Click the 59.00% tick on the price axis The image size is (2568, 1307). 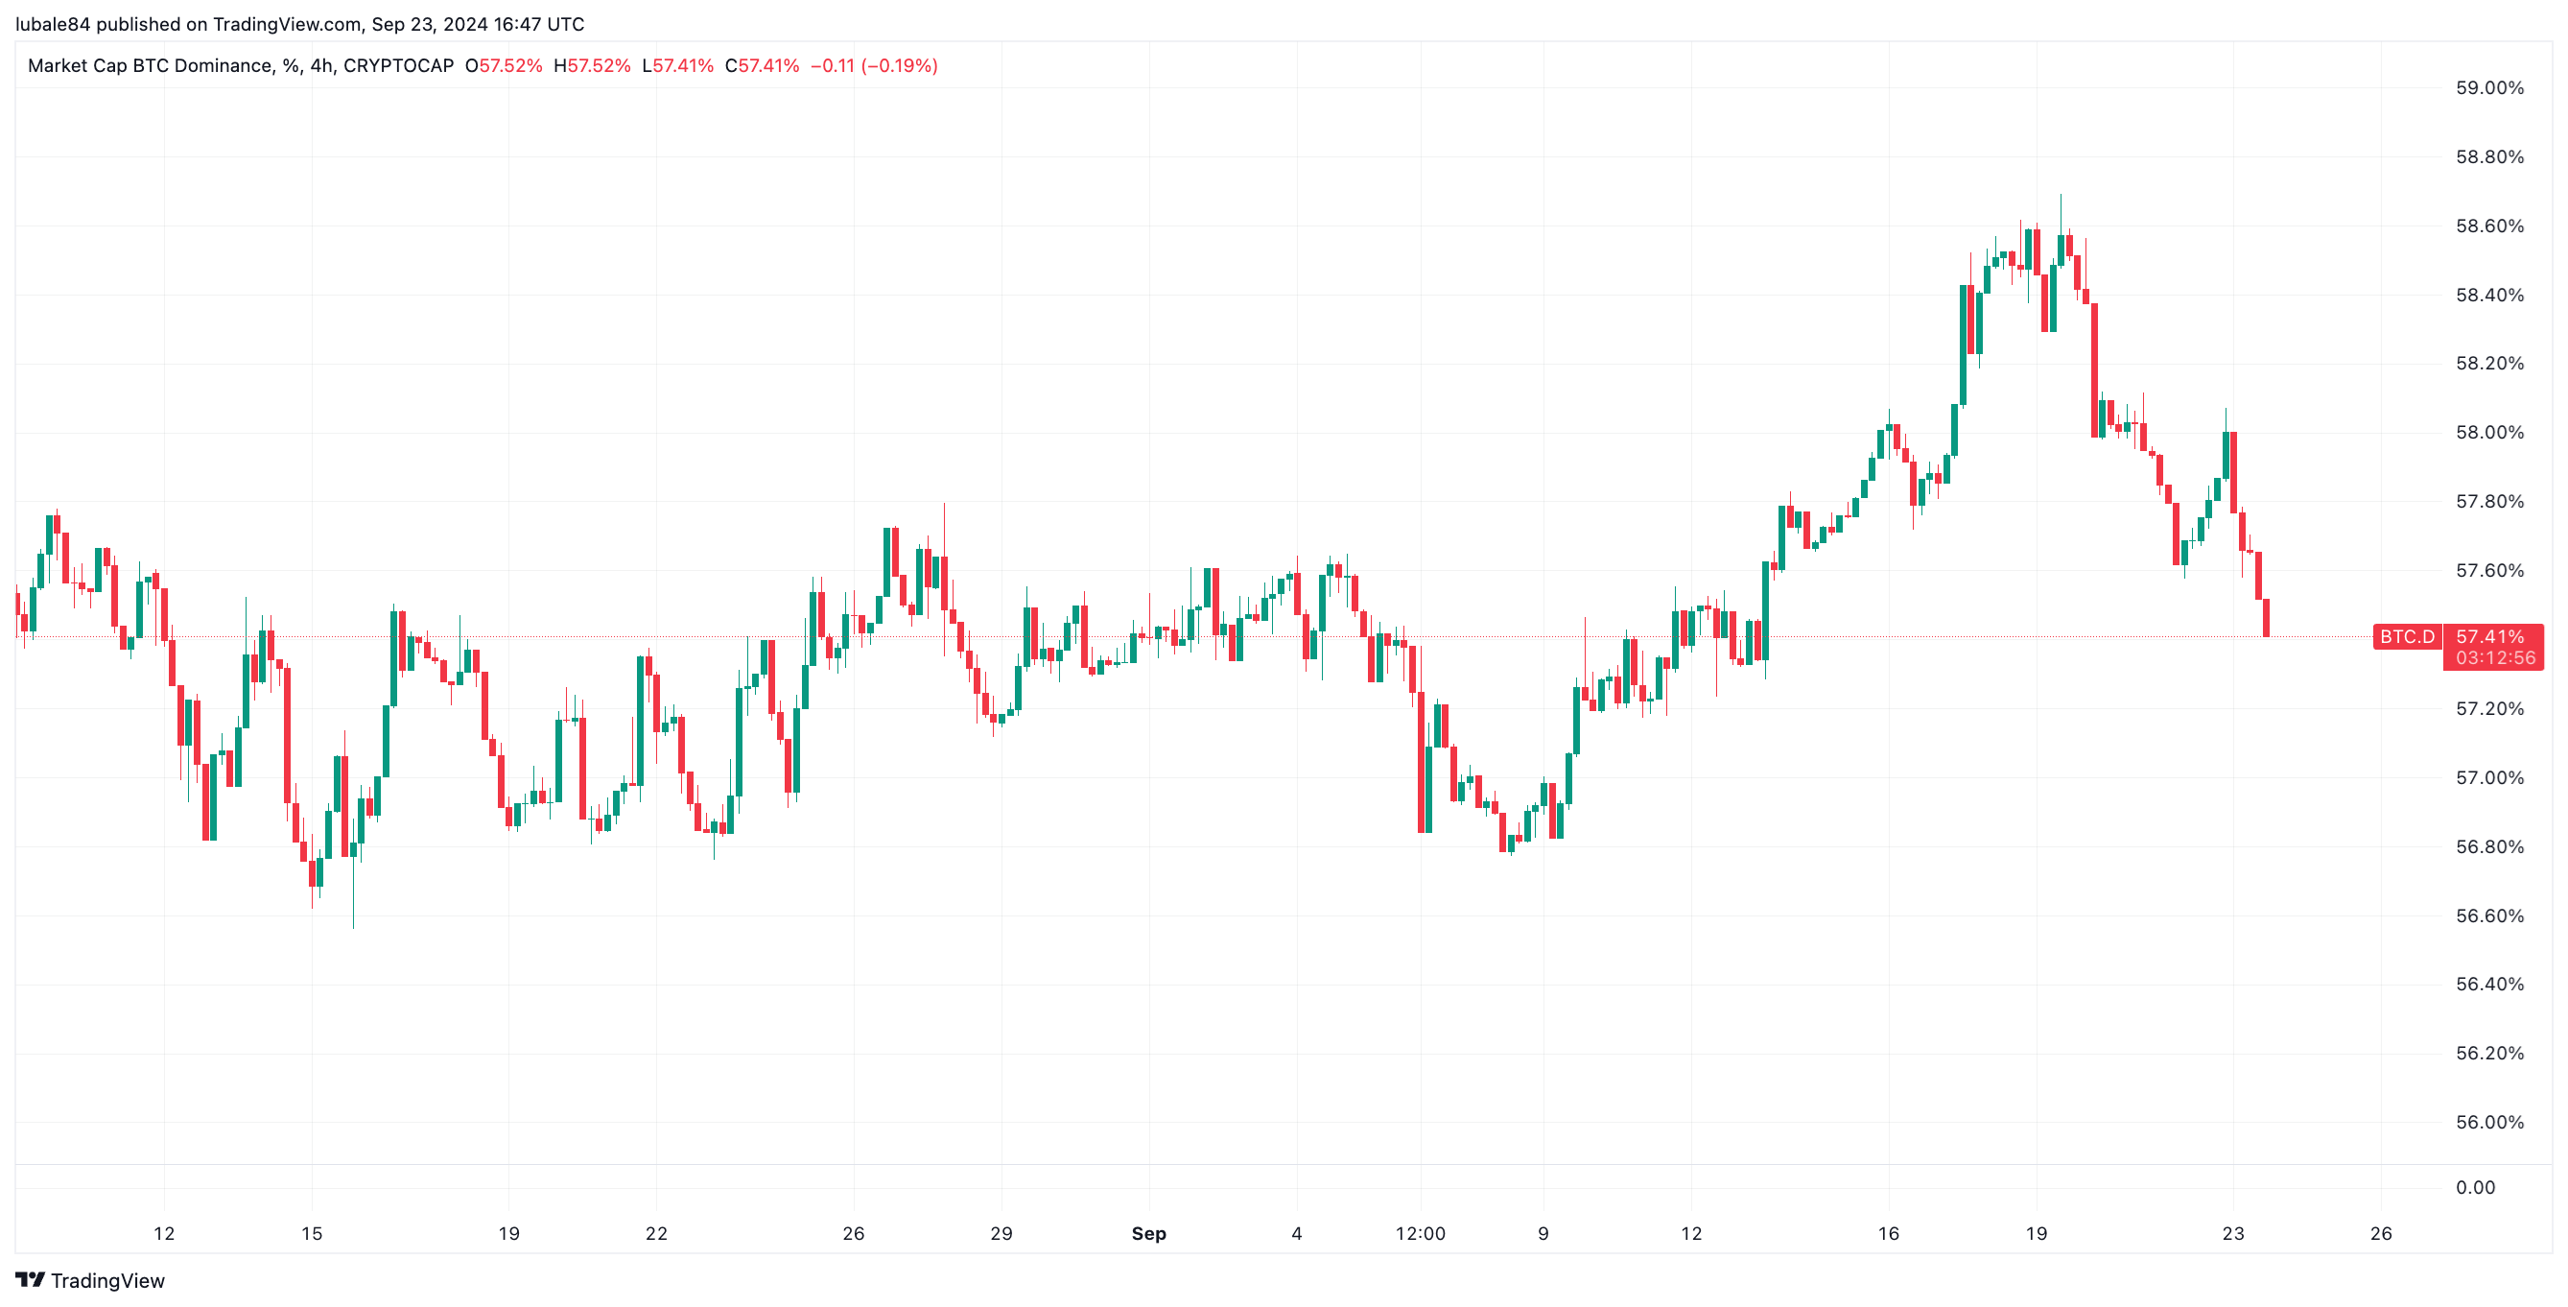coord(2488,88)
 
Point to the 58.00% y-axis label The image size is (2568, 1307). coord(2488,433)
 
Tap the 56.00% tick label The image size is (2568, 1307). coord(2488,1123)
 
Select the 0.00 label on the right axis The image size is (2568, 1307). coord(2474,1187)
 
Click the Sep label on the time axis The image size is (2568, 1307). coord(1148,1234)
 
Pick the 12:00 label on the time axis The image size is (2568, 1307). coord(1420,1234)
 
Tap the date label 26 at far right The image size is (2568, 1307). coord(2381,1234)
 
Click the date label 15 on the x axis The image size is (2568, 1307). coord(312,1234)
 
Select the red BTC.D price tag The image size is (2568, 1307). coord(2407,637)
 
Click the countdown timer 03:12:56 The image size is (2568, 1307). coord(2495,658)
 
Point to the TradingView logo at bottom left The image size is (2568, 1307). coord(90,1281)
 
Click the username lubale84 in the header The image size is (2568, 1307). coord(52,24)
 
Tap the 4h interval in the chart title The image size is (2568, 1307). coord(321,66)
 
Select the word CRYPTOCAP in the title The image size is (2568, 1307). coord(398,66)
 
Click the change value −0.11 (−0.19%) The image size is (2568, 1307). coord(873,66)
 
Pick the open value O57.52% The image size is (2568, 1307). coord(504,66)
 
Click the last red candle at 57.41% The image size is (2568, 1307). coord(2266,618)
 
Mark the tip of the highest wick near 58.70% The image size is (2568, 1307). coord(2061,196)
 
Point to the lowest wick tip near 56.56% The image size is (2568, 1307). coord(353,927)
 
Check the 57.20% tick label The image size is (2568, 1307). coord(2488,709)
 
